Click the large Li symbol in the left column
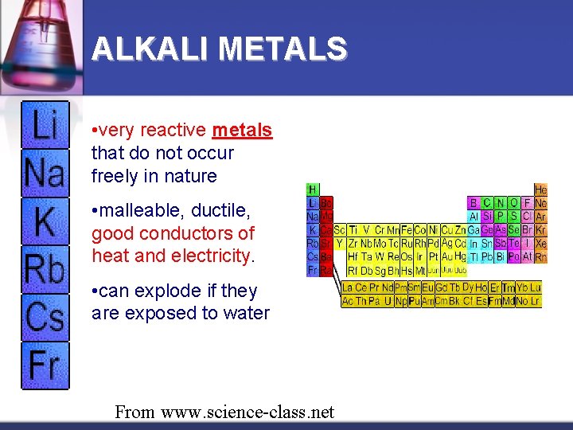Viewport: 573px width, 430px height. (45, 126)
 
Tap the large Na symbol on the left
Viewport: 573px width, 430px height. (45, 172)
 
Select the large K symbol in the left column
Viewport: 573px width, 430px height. (45, 221)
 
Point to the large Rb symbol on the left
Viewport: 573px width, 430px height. (45, 269)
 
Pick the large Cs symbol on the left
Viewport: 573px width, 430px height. (45, 317)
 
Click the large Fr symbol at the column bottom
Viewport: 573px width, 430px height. (45, 365)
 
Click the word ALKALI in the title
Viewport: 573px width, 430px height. (150, 49)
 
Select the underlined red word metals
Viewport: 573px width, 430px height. (242, 130)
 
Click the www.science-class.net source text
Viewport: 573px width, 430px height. (248, 412)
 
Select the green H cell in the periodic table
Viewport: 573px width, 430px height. (313, 190)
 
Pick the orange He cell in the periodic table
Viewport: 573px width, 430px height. (540, 190)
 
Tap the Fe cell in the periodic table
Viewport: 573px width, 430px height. (406, 229)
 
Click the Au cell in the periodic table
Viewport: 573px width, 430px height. (446, 256)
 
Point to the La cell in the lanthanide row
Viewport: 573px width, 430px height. (348, 287)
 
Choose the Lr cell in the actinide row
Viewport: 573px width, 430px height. (535, 301)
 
